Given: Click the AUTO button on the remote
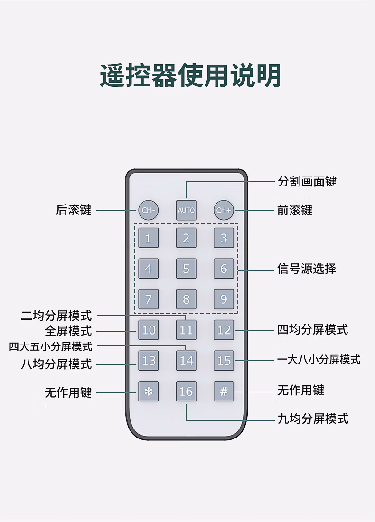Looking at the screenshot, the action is tap(186, 210).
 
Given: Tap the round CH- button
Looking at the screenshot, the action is tap(148, 210).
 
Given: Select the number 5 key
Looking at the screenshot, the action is tap(186, 269).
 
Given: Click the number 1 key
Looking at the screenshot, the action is tap(148, 238).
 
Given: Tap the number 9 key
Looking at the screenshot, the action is tap(224, 299).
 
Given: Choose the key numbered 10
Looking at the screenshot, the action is tap(148, 330).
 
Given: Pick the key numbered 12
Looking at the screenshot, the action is tap(224, 330).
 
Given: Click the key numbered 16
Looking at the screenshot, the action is tap(186, 391).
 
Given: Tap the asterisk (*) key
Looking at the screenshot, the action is tap(148, 391).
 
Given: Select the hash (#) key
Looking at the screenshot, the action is tap(224, 391).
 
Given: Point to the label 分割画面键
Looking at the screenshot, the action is tap(307, 181).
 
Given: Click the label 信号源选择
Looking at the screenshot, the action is tap(307, 269).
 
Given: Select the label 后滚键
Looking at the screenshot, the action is tap(74, 210).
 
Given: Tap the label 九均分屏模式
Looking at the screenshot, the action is tap(313, 419).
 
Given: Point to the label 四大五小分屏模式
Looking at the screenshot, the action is tap(51, 346).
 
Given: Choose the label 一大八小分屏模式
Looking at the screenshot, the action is tap(319, 359).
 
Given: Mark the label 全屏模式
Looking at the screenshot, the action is tap(68, 331).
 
